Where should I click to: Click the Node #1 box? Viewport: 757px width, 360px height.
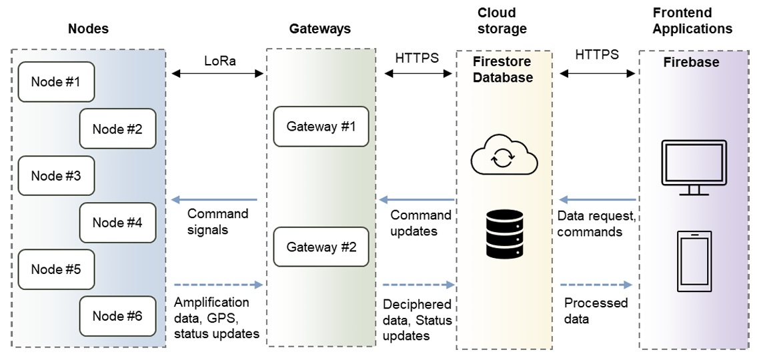click(56, 82)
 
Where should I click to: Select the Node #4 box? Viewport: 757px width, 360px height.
click(117, 222)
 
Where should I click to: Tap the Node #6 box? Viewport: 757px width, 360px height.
click(117, 316)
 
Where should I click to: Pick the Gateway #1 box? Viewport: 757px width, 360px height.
click(321, 127)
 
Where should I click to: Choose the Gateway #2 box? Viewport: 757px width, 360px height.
click(321, 247)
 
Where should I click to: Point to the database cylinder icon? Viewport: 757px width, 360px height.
click(504, 233)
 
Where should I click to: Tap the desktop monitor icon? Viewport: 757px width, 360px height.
click(693, 167)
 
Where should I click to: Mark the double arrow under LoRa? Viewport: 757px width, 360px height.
click(218, 74)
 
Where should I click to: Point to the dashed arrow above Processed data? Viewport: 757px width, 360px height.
click(596, 285)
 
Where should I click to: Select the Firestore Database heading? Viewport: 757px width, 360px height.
click(503, 69)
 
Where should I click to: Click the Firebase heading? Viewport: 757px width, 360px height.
click(691, 62)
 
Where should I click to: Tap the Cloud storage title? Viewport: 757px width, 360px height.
click(502, 21)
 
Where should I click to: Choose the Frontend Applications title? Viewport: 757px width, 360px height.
click(692, 21)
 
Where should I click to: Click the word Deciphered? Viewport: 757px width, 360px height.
click(417, 304)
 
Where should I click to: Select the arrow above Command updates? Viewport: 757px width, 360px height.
click(417, 199)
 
